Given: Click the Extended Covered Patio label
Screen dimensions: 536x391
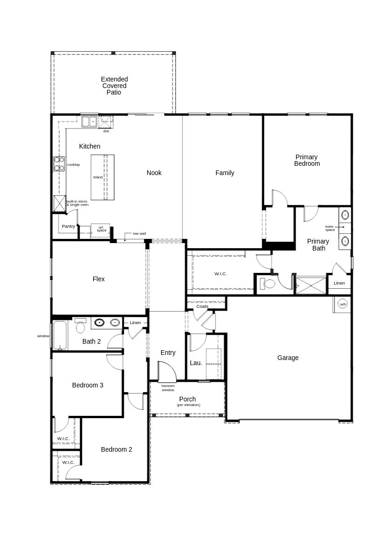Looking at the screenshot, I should [x=114, y=86].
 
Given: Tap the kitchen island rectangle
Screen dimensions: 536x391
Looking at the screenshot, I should [x=102, y=177].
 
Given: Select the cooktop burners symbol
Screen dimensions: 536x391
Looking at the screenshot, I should [x=59, y=164].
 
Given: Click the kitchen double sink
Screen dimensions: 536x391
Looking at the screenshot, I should [x=88, y=122].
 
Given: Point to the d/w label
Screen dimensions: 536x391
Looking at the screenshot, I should [x=106, y=131].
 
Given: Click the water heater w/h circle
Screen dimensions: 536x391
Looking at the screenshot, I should [x=343, y=304].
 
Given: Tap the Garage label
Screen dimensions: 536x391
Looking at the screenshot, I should [x=288, y=358].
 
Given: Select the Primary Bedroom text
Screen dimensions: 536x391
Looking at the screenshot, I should [x=307, y=160].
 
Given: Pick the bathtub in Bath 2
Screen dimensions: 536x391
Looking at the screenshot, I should [x=60, y=335].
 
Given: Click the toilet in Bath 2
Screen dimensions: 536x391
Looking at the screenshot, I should [x=81, y=326].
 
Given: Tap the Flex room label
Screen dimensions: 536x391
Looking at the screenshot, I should [x=98, y=279].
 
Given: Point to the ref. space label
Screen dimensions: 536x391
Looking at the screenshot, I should [x=101, y=229].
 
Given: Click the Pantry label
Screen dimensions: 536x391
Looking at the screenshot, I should [x=68, y=226].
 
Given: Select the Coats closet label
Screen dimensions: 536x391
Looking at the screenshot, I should [x=202, y=306].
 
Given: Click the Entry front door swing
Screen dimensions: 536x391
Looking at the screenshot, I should [x=168, y=372].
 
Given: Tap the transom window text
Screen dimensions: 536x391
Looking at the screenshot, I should [x=168, y=388].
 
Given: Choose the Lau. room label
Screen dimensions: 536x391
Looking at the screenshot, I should [x=196, y=363].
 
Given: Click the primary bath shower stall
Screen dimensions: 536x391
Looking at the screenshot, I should [x=311, y=285].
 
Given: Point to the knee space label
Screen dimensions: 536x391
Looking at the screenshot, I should [x=330, y=228].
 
